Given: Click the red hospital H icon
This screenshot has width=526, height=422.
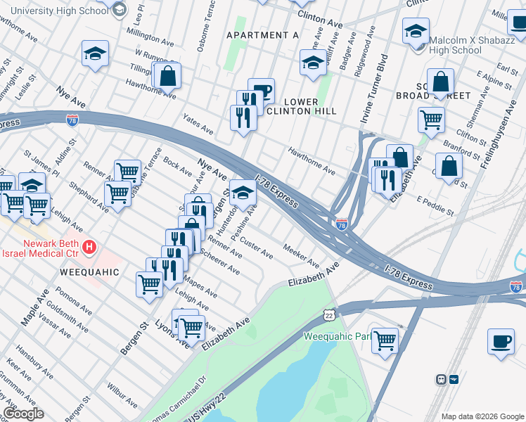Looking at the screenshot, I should tap(89, 247).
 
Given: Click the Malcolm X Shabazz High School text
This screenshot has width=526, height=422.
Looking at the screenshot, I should tap(455, 44).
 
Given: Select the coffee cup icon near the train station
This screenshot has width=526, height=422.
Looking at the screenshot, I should tap(501, 341).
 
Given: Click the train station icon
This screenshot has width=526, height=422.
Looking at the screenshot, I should tap(441, 379).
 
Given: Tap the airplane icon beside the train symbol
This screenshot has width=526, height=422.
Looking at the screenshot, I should tap(453, 379).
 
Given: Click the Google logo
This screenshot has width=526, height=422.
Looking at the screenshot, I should tap(23, 413).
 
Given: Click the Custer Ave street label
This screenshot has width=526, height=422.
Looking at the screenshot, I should tap(256, 247).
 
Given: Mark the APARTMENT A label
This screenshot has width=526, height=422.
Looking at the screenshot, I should tap(262, 35).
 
